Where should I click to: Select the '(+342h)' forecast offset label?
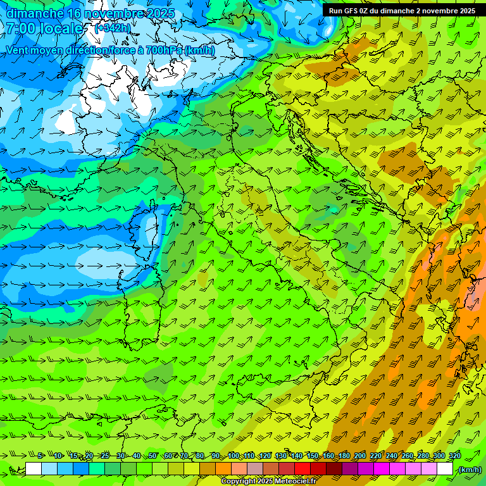(113, 28)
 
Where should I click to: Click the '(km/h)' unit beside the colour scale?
(469, 470)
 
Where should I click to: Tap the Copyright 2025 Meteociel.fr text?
(273, 482)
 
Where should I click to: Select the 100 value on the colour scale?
(234, 456)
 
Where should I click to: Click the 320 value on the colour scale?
(454, 456)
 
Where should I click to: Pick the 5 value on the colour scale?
(41, 456)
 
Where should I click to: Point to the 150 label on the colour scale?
(313, 456)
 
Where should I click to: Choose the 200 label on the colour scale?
(360, 456)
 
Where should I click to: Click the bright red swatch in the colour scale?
(303, 469)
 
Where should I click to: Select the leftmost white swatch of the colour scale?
(34, 469)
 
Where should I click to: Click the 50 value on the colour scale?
(153, 456)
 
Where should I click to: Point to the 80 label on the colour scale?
(200, 456)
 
